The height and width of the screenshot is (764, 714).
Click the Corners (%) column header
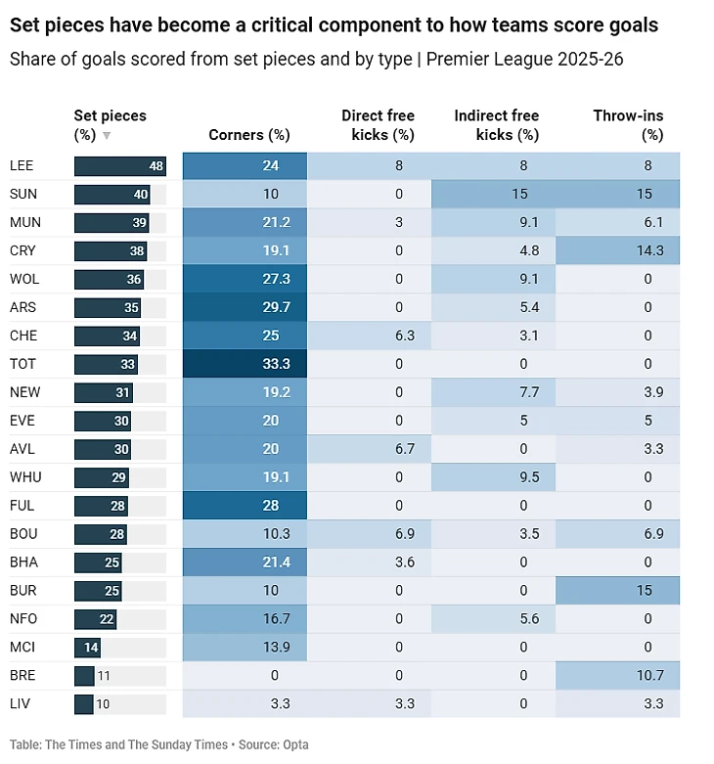pos(248,134)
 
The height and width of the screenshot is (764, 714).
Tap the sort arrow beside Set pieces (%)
pos(107,135)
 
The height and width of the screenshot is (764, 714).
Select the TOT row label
pos(22,364)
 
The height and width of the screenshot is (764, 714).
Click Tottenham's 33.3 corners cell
pos(245,364)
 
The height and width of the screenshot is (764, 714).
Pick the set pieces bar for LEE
pos(119,166)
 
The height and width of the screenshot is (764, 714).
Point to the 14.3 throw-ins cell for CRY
pos(617,250)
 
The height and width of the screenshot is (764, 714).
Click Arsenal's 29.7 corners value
pos(276,307)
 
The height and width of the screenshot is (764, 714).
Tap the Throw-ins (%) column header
pos(628,125)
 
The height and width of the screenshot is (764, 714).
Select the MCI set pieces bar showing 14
pos(87,648)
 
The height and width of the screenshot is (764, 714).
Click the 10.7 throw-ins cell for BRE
pos(617,675)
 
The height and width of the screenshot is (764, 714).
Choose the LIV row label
pos(20,703)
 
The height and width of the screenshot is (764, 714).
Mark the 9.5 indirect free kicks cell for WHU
pos(493,477)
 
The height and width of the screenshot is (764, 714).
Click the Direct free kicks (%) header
pos(378,125)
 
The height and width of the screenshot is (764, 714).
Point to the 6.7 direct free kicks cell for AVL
pos(369,449)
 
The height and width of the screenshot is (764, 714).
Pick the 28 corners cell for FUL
pos(245,506)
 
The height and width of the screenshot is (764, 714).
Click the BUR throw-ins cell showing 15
pos(617,591)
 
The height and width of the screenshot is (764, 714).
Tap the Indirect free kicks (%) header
pos(497,125)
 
